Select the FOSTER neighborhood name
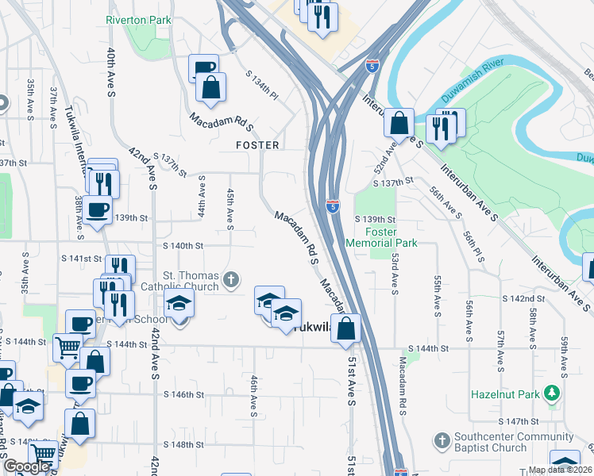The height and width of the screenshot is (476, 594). click(257, 145)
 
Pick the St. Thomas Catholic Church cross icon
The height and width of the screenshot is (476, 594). click(230, 278)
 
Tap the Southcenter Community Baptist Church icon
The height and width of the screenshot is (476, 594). click(442, 439)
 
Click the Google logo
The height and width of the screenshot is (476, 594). click(27, 466)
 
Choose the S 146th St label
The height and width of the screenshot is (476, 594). click(184, 394)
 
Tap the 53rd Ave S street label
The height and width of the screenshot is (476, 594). click(395, 271)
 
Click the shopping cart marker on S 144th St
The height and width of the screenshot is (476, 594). click(67, 347)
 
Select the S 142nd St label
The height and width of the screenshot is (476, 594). click(523, 297)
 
